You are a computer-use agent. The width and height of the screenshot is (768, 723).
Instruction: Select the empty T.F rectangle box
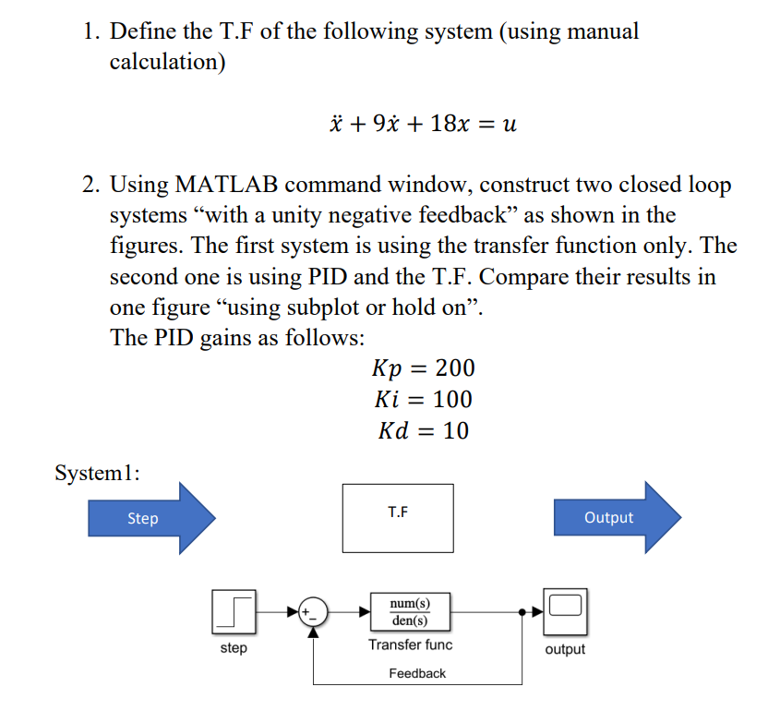[x=398, y=517]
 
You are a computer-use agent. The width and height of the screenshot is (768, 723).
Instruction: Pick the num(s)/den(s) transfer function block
[x=410, y=611]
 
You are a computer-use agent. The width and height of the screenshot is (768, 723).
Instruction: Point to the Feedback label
[x=417, y=674]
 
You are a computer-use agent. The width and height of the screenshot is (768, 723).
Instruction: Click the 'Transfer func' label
[x=410, y=645]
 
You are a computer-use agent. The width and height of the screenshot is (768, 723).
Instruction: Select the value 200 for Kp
[x=454, y=368]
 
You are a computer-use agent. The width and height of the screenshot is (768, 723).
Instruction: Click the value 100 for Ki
[x=452, y=400]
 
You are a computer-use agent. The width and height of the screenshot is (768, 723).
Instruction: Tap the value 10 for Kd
[x=455, y=430]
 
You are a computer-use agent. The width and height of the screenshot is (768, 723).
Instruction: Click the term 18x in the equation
[x=450, y=124]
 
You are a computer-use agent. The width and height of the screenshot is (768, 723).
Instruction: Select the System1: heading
[x=98, y=474]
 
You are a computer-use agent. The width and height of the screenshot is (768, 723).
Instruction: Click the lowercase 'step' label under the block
[x=234, y=648]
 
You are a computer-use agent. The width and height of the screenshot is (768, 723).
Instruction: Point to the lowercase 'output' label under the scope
[x=565, y=649]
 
